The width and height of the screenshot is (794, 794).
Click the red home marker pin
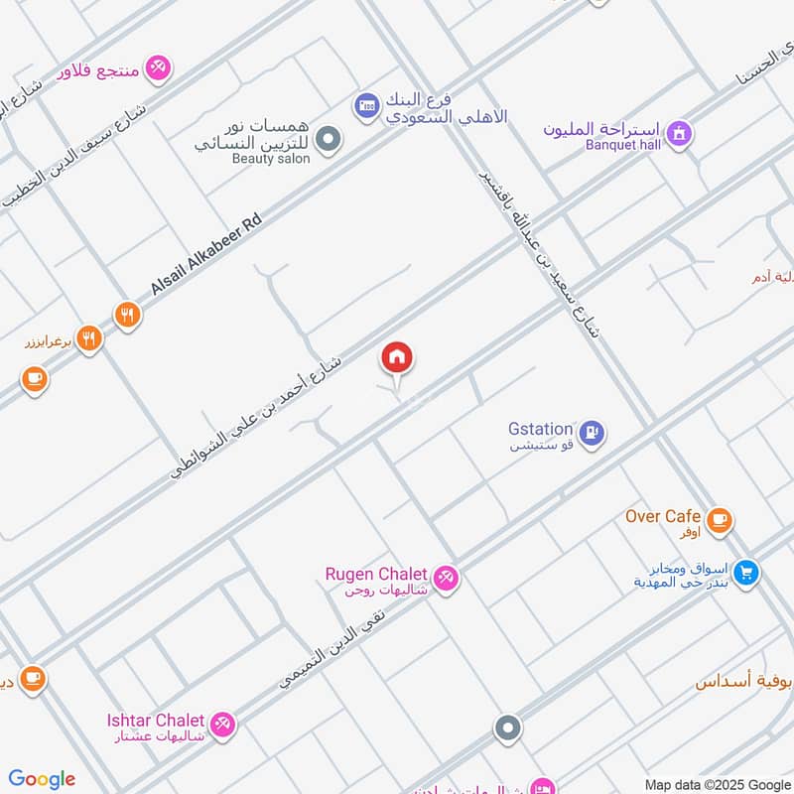click(397, 358)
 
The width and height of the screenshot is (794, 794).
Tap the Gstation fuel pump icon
click(592, 435)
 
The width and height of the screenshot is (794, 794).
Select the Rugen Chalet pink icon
click(447, 578)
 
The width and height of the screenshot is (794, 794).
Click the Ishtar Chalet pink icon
click(223, 724)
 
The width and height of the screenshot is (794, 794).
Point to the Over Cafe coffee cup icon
click(720, 518)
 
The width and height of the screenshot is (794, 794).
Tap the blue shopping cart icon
click(746, 572)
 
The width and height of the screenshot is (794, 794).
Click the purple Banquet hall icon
click(679, 132)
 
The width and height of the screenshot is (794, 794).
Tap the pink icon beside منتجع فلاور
click(157, 68)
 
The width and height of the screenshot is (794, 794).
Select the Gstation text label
click(540, 429)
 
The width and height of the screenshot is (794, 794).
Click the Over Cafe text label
click(663, 516)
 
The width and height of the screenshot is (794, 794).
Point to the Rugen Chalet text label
click(376, 574)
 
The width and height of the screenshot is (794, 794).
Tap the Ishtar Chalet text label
click(156, 720)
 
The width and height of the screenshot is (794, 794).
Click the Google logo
click(42, 779)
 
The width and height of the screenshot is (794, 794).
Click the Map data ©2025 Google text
click(717, 784)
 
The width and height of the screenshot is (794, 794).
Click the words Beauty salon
click(271, 159)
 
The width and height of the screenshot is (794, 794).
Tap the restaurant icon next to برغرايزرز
click(89, 340)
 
